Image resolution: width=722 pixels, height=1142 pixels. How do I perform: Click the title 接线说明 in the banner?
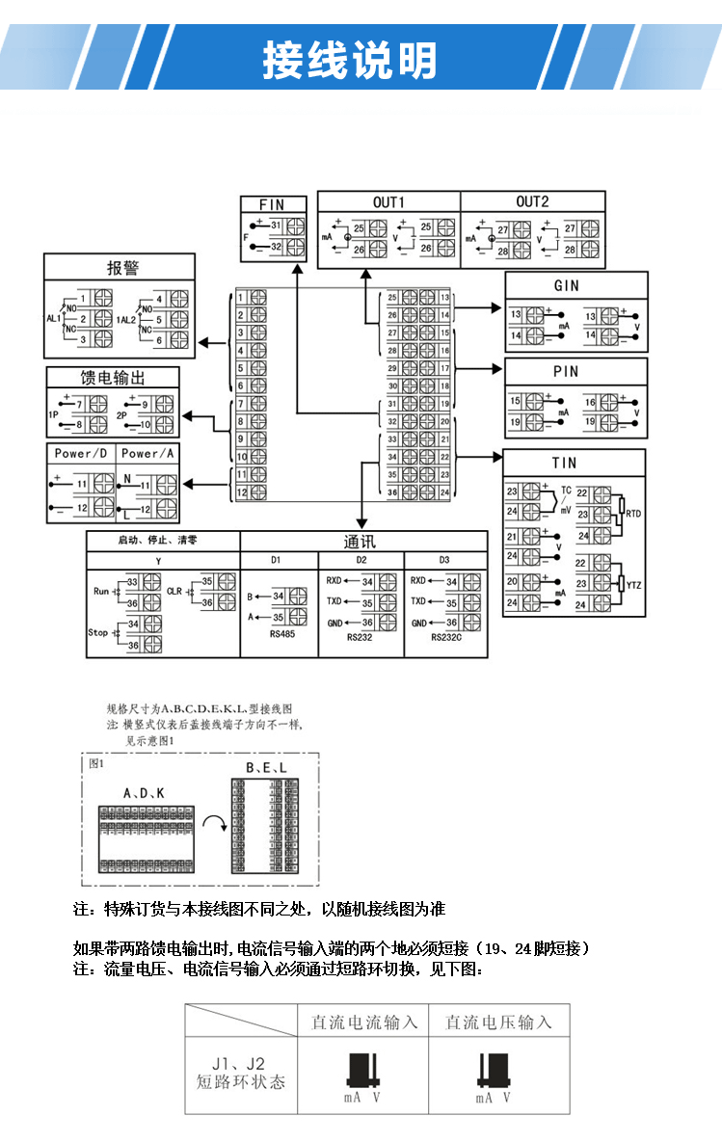(x=350, y=60)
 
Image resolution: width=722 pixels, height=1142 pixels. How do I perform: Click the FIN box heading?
(x=274, y=204)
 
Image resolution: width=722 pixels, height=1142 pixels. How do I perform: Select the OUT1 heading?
(x=388, y=201)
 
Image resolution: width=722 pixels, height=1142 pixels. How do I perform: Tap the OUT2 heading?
(x=532, y=201)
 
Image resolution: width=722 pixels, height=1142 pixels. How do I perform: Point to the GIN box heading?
(x=567, y=286)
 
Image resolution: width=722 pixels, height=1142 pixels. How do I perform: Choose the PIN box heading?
(x=567, y=371)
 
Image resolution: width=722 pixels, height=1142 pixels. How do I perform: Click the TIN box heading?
(x=565, y=463)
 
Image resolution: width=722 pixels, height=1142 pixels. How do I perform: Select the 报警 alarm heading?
(x=122, y=267)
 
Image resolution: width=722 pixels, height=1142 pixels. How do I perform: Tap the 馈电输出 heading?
(x=114, y=377)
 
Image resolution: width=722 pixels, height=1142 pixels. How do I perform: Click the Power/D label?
(x=81, y=453)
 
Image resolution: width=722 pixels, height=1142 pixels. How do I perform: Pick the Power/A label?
(x=148, y=453)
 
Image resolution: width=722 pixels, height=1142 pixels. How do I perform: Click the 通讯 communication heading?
(x=360, y=541)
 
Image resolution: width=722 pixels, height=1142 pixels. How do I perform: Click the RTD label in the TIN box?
(x=633, y=515)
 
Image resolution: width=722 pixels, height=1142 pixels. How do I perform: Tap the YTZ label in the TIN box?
(x=633, y=585)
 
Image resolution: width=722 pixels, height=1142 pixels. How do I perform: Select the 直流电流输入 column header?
(x=364, y=1022)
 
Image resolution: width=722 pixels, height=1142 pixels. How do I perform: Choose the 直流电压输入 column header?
(x=498, y=1022)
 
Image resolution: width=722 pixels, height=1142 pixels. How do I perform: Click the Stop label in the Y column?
(x=97, y=633)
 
